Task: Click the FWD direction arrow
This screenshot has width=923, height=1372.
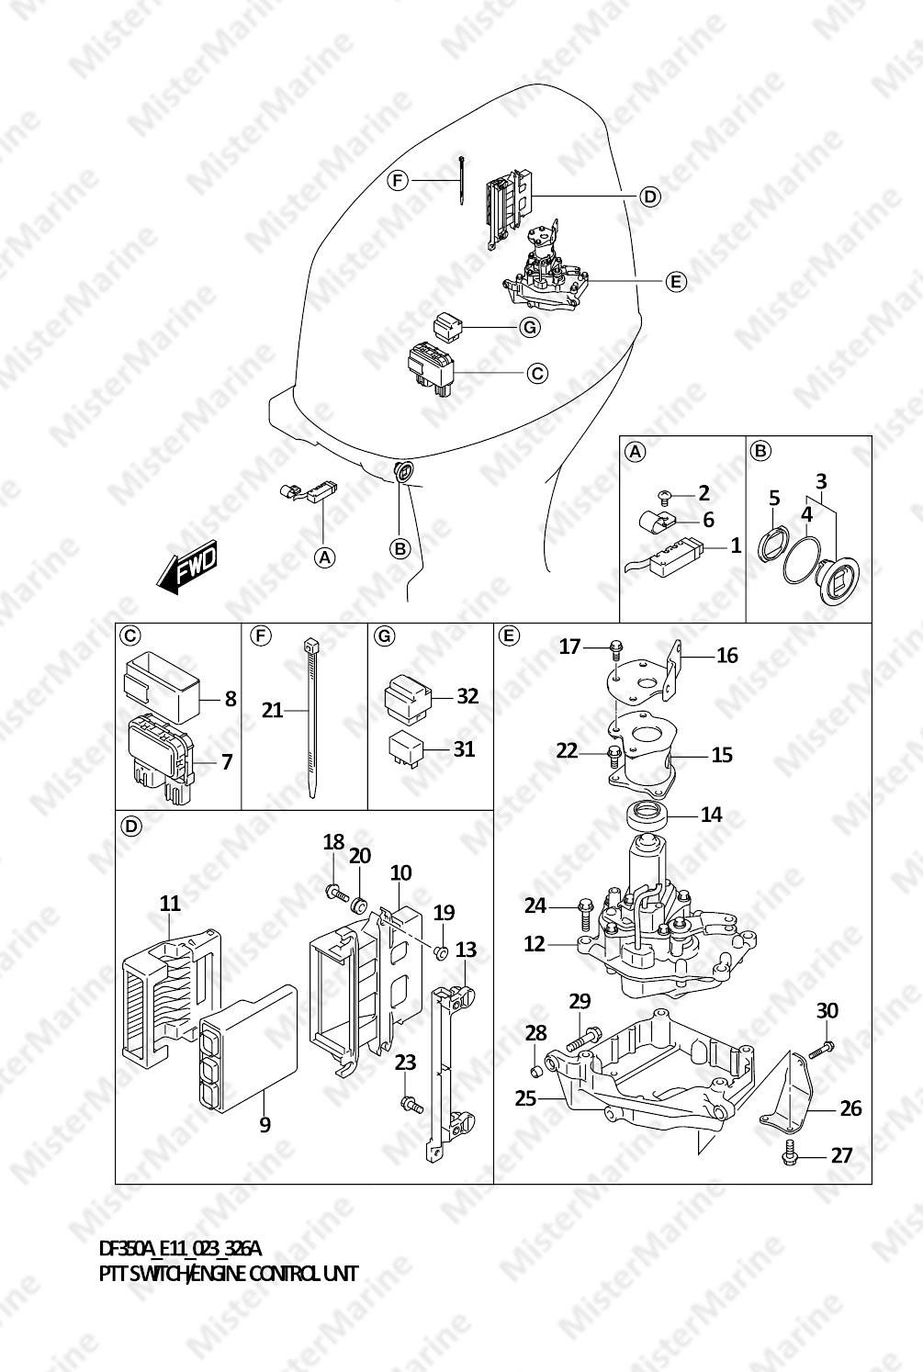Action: [186, 566]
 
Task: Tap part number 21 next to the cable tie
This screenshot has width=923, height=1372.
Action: [272, 711]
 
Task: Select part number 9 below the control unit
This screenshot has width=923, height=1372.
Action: [265, 1125]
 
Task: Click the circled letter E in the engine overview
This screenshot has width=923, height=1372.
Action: [676, 282]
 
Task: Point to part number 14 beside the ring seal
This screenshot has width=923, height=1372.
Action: [711, 815]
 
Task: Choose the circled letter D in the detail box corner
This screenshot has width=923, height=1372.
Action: [131, 827]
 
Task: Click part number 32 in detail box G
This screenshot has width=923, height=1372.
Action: [468, 696]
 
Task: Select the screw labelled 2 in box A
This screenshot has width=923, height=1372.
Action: [663, 494]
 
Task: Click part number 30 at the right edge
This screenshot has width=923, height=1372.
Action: [827, 1010]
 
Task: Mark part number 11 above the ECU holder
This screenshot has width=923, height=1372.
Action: [170, 904]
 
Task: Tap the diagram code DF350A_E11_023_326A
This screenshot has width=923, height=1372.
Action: [181, 1249]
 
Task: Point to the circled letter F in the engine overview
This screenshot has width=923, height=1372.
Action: [398, 181]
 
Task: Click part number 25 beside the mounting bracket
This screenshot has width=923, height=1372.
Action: [525, 1099]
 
